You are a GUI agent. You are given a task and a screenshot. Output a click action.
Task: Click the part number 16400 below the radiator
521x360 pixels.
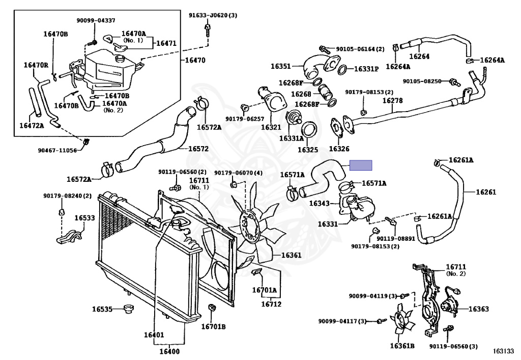coord(169,351)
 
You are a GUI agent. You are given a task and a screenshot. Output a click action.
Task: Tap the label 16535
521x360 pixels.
coord(102,309)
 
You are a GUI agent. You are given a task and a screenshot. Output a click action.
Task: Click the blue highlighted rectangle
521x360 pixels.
coord(361,165)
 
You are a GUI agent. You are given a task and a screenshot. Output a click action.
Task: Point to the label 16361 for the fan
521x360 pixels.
coord(291,255)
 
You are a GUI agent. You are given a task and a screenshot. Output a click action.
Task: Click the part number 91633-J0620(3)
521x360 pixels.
coord(213,15)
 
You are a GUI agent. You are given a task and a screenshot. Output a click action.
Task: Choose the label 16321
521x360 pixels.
coord(271,127)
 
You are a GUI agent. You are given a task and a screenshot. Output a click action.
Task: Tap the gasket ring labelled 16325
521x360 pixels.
coord(309,130)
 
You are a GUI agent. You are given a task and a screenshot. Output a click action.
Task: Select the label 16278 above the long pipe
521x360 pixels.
coord(392,100)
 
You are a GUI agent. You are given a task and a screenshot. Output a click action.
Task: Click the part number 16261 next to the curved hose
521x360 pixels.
coord(486,192)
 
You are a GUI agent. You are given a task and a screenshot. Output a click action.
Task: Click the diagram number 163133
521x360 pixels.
coord(503,351)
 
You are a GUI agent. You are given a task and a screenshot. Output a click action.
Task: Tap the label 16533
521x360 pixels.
coord(84,218)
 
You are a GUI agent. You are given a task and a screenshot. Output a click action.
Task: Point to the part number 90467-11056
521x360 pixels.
coord(57,151)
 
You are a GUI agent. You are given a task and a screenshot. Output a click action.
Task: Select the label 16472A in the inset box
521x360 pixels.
coord(32,126)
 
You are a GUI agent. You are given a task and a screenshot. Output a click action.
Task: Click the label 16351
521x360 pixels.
coord(281,66)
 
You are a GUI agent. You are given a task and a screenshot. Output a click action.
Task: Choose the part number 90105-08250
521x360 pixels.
coord(422,81)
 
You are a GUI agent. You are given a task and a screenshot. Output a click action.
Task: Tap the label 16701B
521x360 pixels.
coord(213,327)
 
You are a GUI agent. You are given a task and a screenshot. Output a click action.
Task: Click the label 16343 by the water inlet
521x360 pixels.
coord(320,203)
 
